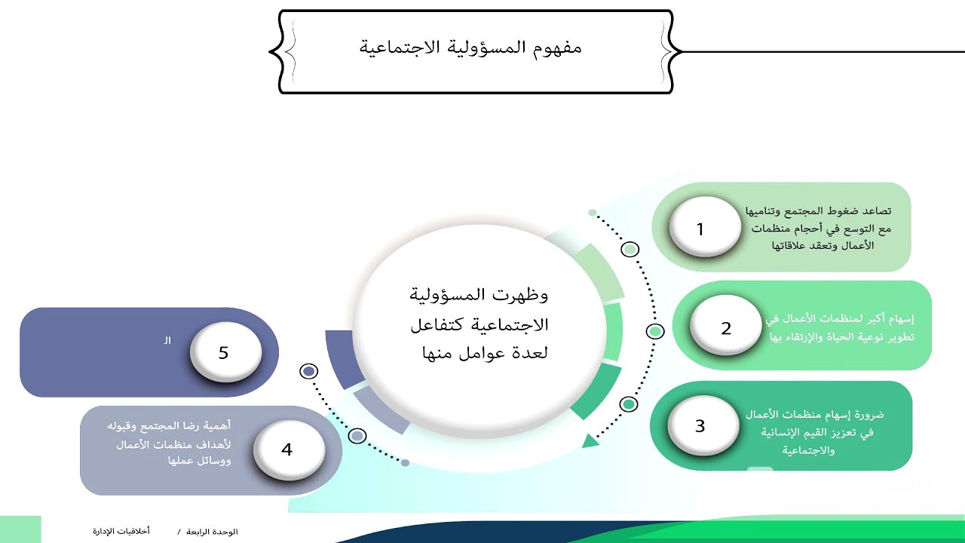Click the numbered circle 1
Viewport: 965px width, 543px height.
tap(700, 228)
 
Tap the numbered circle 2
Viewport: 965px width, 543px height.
tap(725, 327)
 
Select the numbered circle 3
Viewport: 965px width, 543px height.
tap(700, 425)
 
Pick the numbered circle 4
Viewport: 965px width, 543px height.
tap(286, 449)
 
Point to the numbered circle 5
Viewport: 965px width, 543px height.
tap(224, 352)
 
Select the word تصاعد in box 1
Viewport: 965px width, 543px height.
tap(878, 210)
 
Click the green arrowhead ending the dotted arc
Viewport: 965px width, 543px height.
tap(590, 440)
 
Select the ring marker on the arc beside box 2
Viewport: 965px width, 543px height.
tap(655, 331)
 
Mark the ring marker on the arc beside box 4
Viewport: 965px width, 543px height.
tap(357, 436)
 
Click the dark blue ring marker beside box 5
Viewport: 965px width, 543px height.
tap(308, 371)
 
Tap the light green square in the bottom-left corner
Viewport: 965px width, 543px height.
tap(20, 529)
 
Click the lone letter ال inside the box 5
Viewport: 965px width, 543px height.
tap(167, 341)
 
